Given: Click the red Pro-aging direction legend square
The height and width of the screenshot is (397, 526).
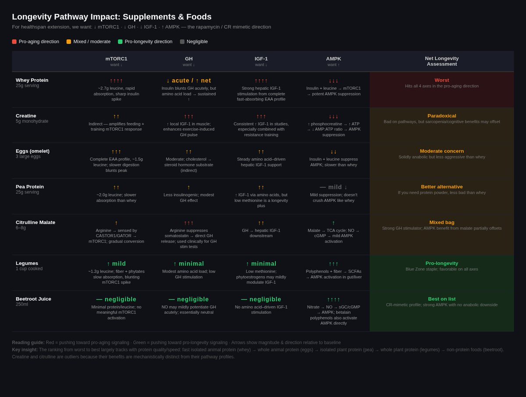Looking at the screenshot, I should tap(14, 42).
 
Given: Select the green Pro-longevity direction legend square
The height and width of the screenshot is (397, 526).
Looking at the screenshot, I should tap(120, 42).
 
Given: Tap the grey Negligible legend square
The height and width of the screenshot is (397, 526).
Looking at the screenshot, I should tap(182, 42).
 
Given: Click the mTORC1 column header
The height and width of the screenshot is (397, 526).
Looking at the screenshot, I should tap(116, 59).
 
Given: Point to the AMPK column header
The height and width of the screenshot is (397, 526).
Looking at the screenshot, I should tap(334, 59).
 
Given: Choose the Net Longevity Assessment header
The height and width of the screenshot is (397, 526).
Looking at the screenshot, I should tap(441, 61).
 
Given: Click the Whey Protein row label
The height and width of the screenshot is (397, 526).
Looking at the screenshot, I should tap(32, 80).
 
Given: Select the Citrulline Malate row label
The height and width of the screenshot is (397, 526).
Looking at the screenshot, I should tap(36, 222).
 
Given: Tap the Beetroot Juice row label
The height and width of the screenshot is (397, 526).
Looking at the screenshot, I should tap(33, 299).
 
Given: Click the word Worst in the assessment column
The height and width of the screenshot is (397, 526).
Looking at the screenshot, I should tap(441, 80).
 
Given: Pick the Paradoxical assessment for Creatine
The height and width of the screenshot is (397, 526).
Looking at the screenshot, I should tap(441, 116).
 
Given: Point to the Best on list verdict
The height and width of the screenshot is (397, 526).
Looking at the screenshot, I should tap(441, 299).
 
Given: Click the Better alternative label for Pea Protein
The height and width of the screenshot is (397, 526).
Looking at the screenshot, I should tap(441, 187).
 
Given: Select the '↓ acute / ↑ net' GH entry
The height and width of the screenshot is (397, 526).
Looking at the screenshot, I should tap(188, 81).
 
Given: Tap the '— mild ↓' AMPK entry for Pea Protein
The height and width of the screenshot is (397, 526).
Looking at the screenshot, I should tap(334, 187).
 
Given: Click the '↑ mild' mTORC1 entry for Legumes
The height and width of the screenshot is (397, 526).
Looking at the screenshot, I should tap(116, 264).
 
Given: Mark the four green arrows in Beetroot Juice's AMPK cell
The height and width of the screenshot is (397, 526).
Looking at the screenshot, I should tap(334, 299).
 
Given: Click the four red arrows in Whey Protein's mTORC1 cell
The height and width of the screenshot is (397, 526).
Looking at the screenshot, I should tap(116, 81).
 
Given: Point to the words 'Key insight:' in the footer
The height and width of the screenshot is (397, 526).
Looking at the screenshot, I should tap(25, 350).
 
